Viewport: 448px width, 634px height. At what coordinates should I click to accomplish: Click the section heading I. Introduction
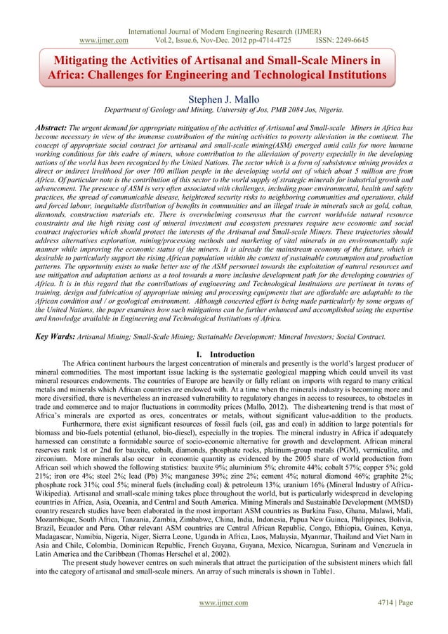click(223, 354)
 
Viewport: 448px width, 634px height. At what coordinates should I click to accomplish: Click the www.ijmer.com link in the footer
click(223, 602)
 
